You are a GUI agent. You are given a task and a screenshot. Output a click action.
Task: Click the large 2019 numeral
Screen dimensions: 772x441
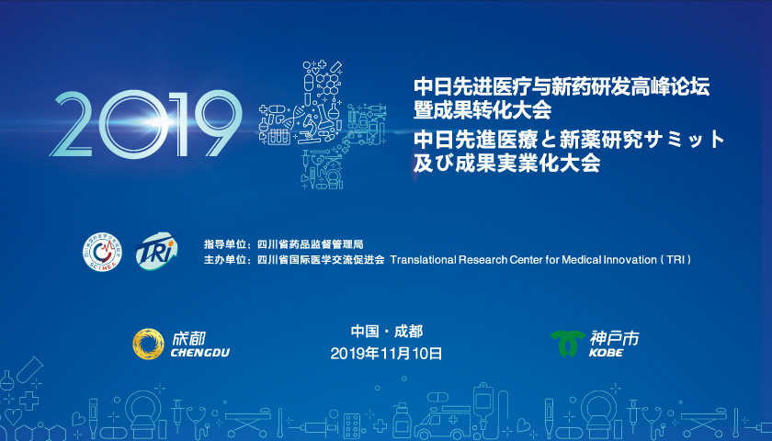click(146, 124)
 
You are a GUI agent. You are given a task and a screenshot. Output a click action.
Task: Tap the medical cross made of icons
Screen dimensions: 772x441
click(323, 125)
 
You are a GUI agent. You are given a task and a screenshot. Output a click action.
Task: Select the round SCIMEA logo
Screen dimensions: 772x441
click(102, 252)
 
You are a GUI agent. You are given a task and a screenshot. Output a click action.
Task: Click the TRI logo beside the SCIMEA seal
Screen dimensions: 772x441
click(156, 251)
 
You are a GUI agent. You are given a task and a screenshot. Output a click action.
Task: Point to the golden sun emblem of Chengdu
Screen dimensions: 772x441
click(148, 344)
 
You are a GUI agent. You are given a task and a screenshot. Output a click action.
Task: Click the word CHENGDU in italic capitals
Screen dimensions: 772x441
click(200, 353)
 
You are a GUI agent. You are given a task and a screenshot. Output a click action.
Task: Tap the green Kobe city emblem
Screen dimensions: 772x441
click(568, 343)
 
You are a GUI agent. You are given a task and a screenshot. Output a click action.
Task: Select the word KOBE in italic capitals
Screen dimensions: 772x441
click(606, 353)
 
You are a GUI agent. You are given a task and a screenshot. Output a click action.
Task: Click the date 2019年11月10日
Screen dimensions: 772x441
click(386, 354)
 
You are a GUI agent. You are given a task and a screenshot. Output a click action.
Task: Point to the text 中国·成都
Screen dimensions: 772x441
click(387, 332)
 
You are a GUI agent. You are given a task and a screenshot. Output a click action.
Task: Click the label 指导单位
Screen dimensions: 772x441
click(224, 244)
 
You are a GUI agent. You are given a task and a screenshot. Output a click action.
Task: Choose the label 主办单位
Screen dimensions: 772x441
click(224, 259)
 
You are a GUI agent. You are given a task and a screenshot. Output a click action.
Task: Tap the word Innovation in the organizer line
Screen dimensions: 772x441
click(631, 260)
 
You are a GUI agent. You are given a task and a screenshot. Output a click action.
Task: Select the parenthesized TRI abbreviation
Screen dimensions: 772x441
click(676, 260)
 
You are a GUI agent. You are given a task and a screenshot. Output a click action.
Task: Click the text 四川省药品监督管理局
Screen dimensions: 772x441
click(311, 244)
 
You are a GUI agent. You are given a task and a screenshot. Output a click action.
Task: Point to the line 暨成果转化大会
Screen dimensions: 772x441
click(482, 109)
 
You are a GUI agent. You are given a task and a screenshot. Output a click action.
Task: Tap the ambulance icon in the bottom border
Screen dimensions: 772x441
click(443, 423)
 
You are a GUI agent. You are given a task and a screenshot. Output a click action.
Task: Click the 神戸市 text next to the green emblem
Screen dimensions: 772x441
click(614, 338)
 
